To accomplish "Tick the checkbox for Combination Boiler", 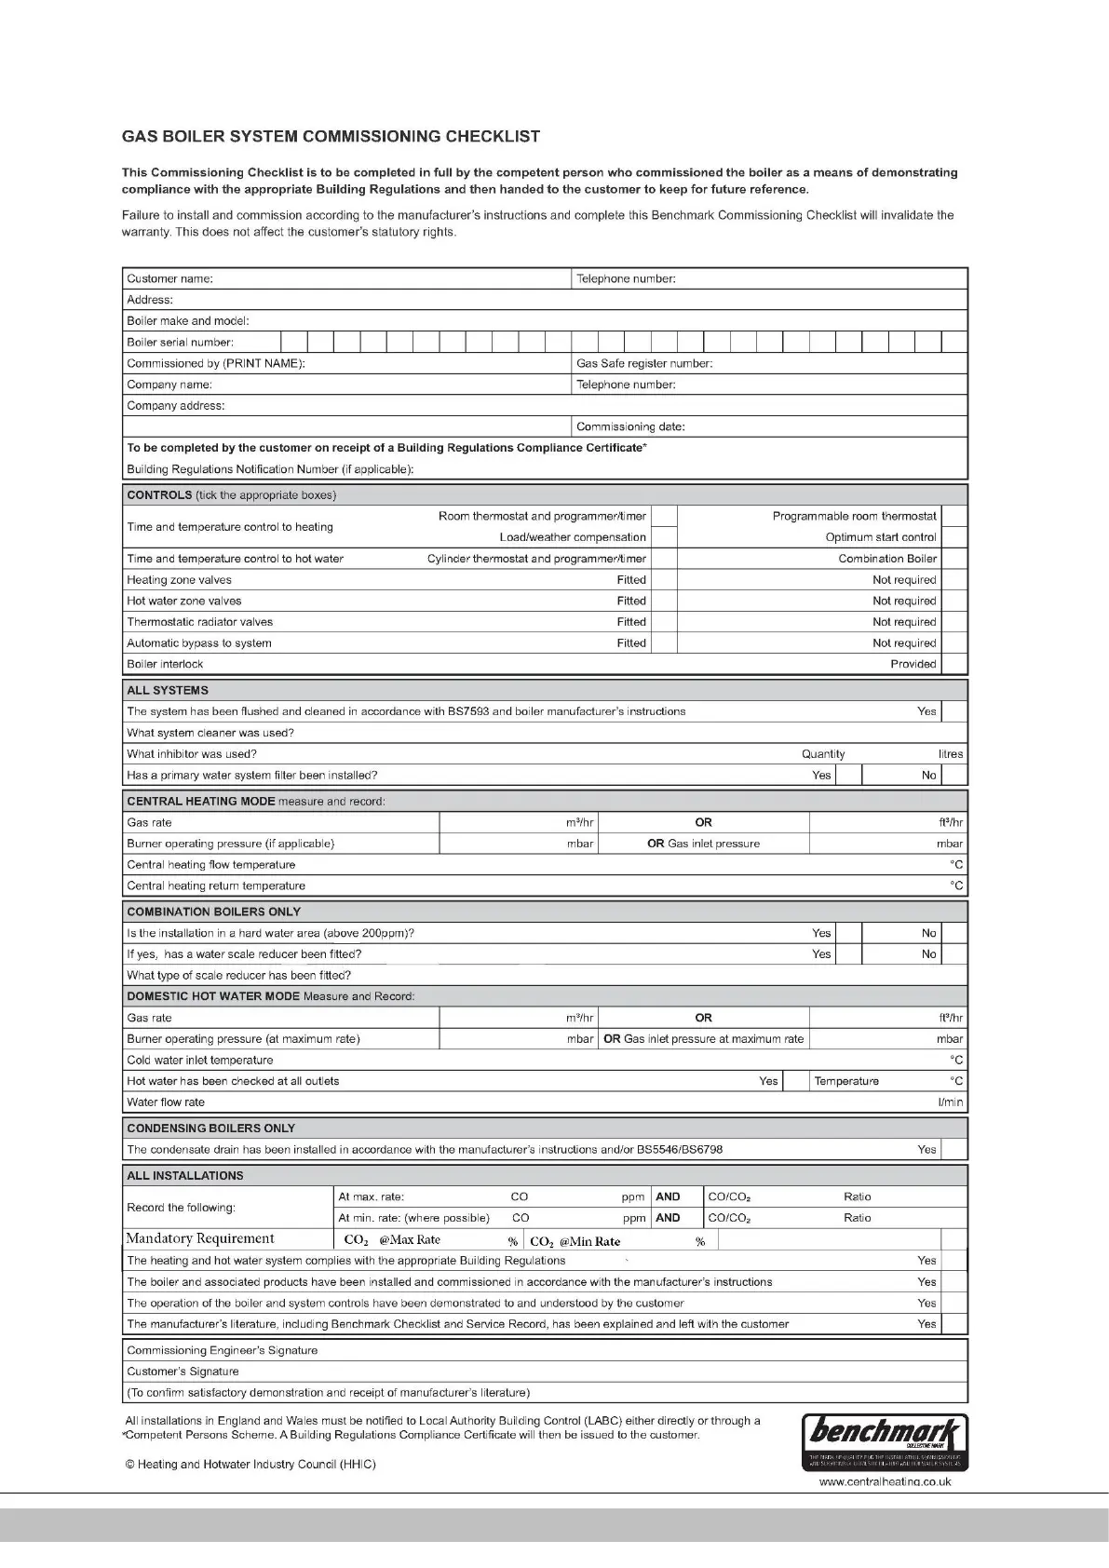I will (954, 559).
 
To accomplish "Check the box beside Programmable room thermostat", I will (954, 516).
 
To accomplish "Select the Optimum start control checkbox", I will (954, 537).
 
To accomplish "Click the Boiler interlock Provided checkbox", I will (954, 664).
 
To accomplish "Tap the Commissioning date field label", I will (630, 426).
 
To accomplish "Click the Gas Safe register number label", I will (644, 363).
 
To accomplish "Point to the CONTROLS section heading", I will (159, 495).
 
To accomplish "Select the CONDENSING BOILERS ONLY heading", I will (210, 1128).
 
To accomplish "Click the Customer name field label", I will (169, 278).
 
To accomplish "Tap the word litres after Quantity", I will (951, 754).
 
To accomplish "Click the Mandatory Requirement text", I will (200, 1238).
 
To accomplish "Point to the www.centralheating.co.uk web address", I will (885, 1481).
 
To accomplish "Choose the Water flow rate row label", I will (166, 1102).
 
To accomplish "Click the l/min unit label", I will (951, 1102).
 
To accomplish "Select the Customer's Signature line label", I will (183, 1372).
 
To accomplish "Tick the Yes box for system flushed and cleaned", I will (954, 711).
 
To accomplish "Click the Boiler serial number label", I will (180, 342).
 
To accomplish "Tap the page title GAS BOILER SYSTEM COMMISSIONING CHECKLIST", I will (331, 137).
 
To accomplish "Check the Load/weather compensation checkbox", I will (664, 537).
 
